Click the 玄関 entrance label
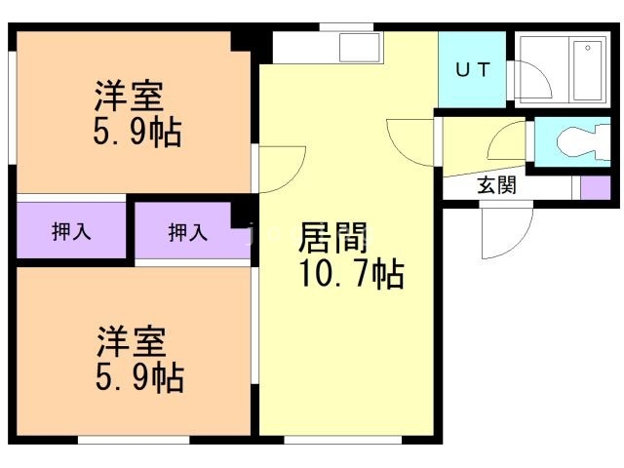[x=497, y=185]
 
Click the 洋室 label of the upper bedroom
[x=129, y=97]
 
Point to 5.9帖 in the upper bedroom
[x=136, y=133]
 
